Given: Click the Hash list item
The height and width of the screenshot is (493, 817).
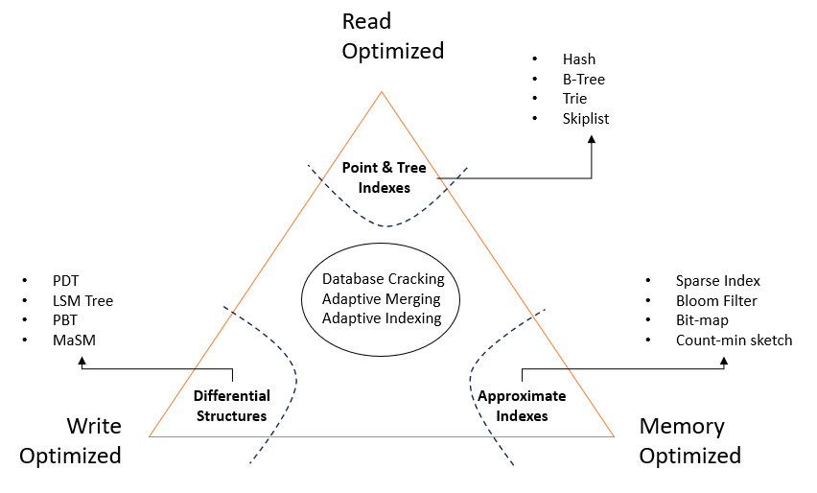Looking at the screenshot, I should tap(579, 59).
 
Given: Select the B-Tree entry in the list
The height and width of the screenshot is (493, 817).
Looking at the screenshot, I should tap(584, 80).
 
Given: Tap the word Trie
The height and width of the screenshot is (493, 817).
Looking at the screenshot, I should tap(575, 99).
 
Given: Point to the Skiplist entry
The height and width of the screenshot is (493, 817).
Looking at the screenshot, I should tap(586, 119).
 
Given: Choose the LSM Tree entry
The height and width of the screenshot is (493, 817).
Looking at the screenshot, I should tap(82, 301).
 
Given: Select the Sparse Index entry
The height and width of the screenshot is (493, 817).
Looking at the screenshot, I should tap(717, 281).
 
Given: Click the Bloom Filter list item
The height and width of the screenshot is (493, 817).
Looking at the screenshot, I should tap(716, 301).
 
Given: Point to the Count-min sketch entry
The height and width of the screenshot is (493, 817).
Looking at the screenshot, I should tap(734, 340).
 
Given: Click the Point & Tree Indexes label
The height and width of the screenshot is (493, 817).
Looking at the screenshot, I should tap(384, 177).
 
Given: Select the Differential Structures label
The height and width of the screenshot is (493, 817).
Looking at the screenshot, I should tap(232, 406).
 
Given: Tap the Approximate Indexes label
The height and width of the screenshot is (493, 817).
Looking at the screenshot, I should tap(523, 406).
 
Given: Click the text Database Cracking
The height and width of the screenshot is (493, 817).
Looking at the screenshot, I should tap(384, 279).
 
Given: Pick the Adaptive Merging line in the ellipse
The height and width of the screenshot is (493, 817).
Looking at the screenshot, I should tap(384, 298).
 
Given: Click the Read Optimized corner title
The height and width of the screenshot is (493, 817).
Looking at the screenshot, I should tap(393, 36).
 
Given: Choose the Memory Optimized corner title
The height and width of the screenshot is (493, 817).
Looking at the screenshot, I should tap(689, 440).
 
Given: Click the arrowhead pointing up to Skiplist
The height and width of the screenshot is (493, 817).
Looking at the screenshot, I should tap(592, 138).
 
